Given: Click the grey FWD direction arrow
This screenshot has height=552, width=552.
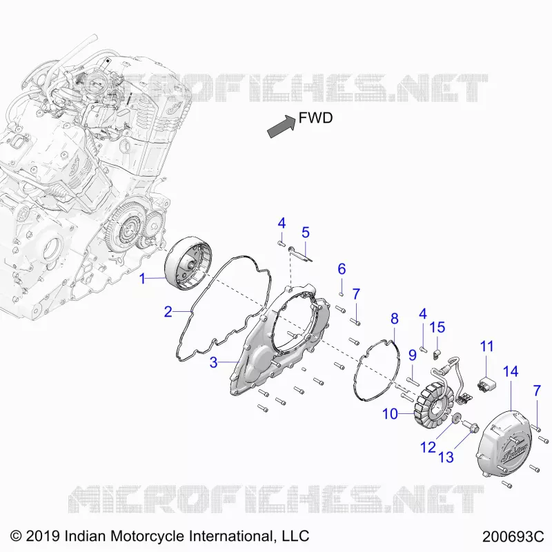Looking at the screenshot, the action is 282,126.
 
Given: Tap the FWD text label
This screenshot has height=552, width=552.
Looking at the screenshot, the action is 315,118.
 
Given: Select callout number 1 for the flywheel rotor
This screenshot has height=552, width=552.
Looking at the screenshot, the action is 142,279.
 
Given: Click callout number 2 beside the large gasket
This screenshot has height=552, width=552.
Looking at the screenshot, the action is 168,312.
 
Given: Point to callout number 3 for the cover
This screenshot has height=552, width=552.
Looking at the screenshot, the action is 213,362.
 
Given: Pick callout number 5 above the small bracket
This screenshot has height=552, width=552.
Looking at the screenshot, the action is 306,233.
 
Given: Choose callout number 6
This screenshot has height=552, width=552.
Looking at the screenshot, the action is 342,269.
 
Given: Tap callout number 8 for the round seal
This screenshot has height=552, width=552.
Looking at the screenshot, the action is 394,319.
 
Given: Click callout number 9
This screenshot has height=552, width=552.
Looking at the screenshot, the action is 413,355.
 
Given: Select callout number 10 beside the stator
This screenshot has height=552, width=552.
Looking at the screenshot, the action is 390,414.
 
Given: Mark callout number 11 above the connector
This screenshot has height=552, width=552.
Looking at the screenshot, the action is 487,346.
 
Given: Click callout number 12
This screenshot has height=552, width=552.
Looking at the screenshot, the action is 428,447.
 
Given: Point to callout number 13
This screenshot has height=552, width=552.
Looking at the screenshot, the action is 446,457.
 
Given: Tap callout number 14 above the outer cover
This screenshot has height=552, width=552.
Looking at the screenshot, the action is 511,371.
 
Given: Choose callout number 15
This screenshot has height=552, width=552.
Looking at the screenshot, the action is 437,327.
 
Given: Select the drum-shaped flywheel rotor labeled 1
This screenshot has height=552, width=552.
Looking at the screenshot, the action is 189,263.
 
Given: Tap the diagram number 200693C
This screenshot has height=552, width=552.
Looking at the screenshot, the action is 513,537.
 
